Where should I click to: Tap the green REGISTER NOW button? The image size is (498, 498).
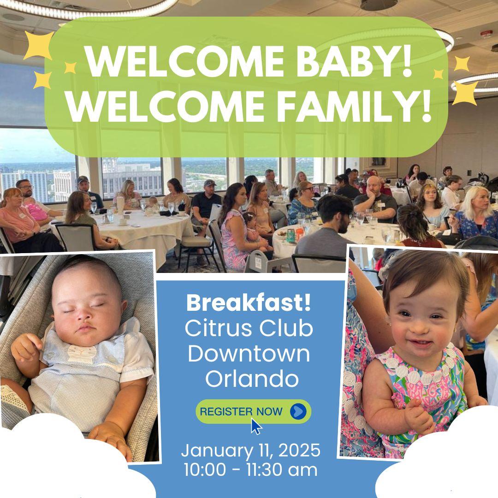click(254, 412)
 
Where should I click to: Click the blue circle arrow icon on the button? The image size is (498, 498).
click(298, 412)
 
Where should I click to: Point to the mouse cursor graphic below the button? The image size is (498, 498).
click(256, 426)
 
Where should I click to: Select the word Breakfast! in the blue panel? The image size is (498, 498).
click(249, 303)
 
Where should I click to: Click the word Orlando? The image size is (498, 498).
click(252, 379)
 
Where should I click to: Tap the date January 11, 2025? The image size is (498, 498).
click(251, 451)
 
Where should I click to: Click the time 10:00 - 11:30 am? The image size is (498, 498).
click(250, 470)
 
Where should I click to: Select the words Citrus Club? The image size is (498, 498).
click(249, 328)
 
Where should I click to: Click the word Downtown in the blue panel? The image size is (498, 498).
click(249, 354)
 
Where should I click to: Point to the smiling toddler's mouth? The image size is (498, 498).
click(420, 343)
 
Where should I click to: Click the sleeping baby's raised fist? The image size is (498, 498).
click(25, 347)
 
